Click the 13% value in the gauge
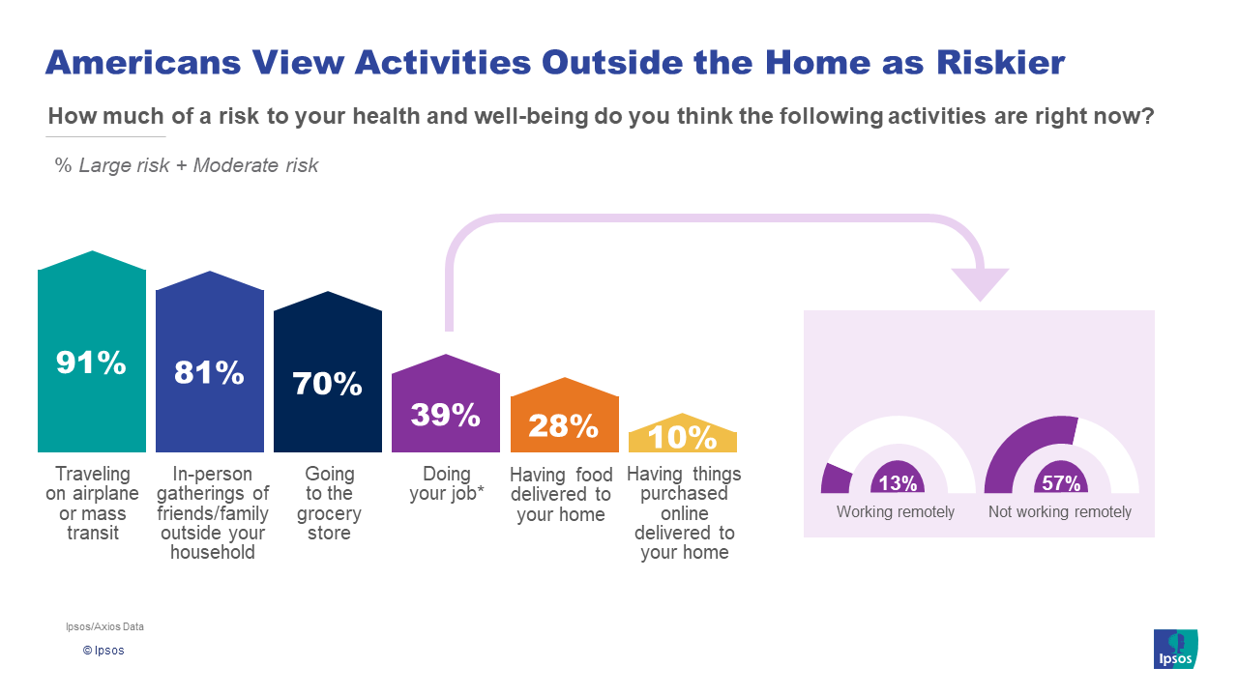898,483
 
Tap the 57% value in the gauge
1061,483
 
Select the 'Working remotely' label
896,512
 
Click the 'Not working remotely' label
1060,512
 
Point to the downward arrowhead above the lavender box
981,284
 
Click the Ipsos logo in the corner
1175,649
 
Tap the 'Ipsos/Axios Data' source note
104,626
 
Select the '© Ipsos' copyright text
103,651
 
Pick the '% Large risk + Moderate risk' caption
187,165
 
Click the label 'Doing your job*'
447,483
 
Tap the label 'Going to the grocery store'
329,504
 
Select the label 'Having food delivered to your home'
561,494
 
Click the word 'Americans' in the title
143,62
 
